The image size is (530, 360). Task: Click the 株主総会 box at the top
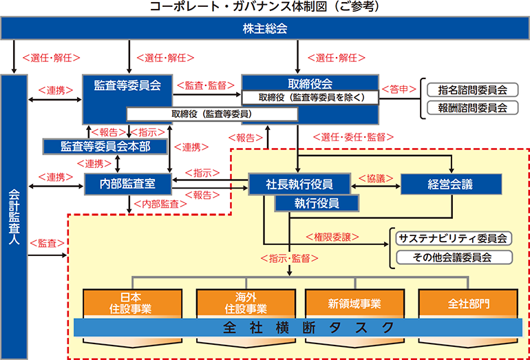[265, 28]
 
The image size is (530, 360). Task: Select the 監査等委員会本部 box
[105, 147]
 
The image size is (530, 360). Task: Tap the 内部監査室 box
[128, 184]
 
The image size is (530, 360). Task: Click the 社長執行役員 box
[299, 184]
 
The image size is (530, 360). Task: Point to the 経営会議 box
[451, 184]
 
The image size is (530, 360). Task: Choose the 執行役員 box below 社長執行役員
[317, 203]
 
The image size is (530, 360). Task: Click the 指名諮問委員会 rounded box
[473, 90]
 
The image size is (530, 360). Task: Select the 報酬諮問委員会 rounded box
[473, 108]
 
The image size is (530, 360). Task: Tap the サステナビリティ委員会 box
[454, 238]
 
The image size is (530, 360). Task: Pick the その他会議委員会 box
[454, 257]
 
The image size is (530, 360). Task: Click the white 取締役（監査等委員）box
[212, 114]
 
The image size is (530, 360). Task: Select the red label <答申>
[399, 89]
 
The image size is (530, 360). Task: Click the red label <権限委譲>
[332, 237]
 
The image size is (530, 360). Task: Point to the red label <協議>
[376, 178]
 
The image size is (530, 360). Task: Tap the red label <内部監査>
[160, 204]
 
